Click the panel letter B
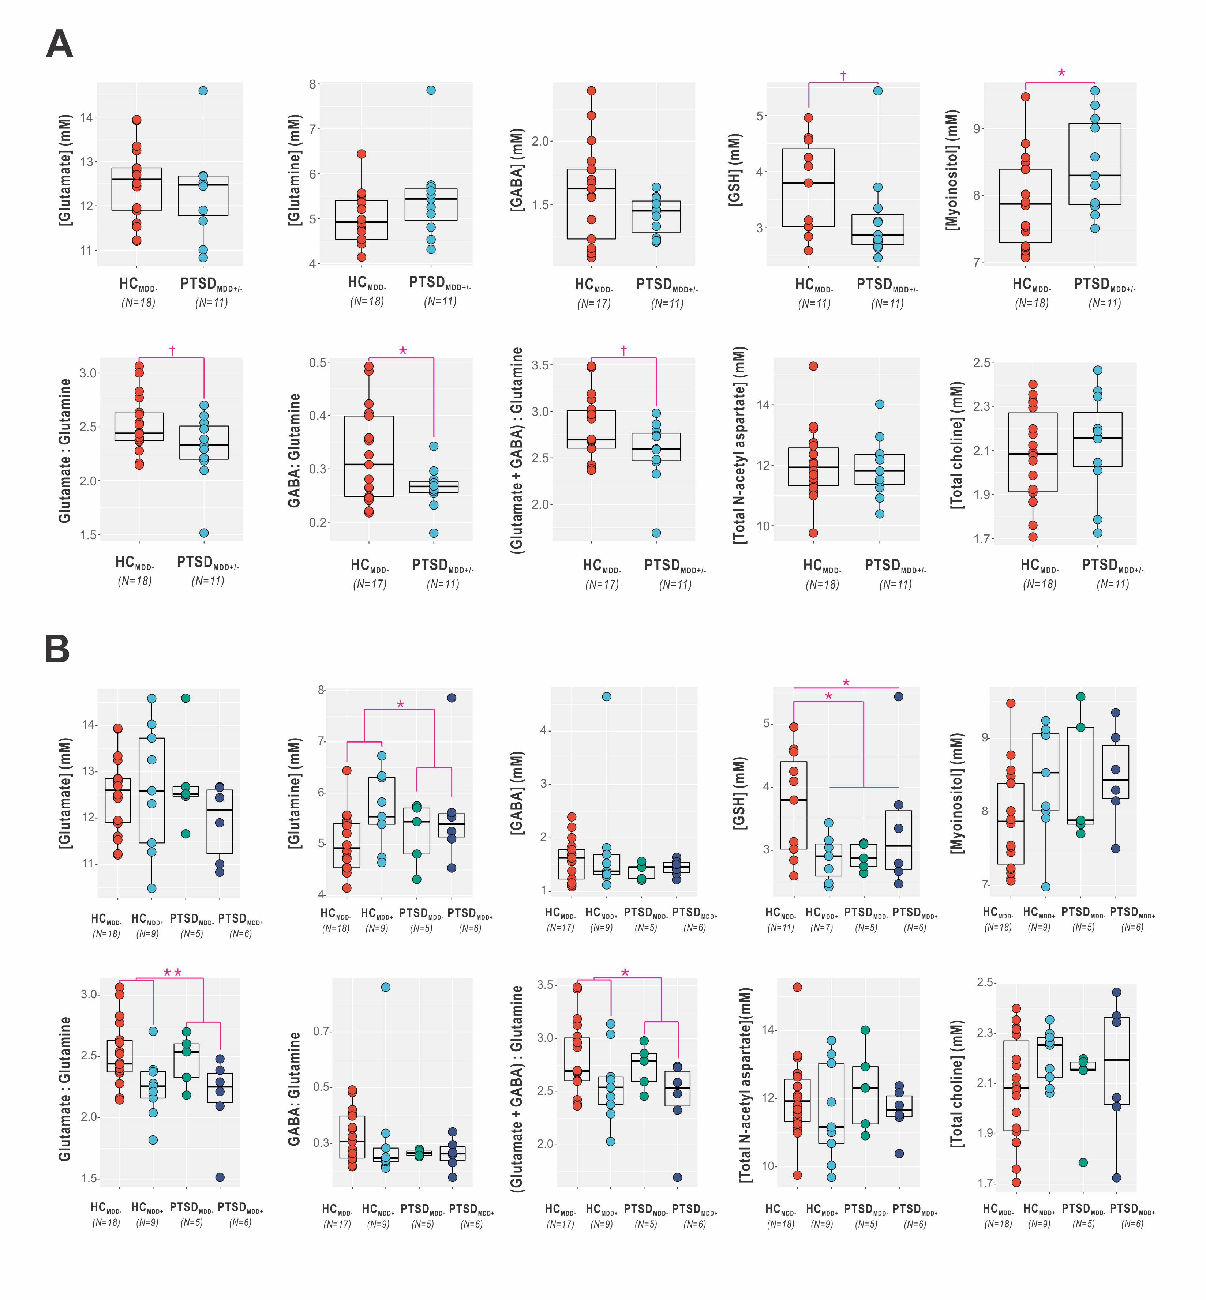point(57,650)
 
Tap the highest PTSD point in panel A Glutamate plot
point(203,91)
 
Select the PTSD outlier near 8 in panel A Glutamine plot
point(431,90)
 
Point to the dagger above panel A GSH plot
point(843,76)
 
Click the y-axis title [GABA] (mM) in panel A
point(517,170)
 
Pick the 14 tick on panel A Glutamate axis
point(86,117)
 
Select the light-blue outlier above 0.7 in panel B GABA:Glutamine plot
point(386,987)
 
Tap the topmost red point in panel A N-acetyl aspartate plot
point(813,366)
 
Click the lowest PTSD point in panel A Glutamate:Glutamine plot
point(203,533)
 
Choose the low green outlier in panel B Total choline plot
point(1083,1162)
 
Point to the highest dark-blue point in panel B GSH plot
point(899,697)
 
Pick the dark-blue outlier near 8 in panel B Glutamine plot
point(452,698)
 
